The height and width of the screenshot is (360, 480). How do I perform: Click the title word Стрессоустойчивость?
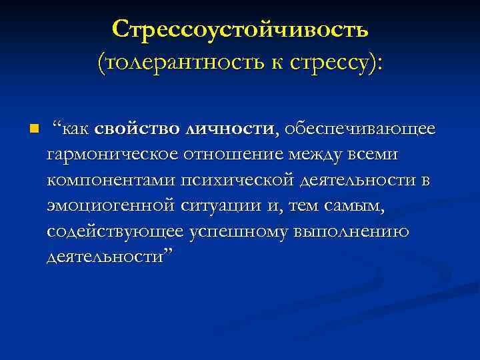click(x=240, y=30)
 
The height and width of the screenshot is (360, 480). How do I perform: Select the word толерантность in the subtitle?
click(x=179, y=65)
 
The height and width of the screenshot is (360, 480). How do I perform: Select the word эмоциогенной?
click(x=111, y=205)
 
